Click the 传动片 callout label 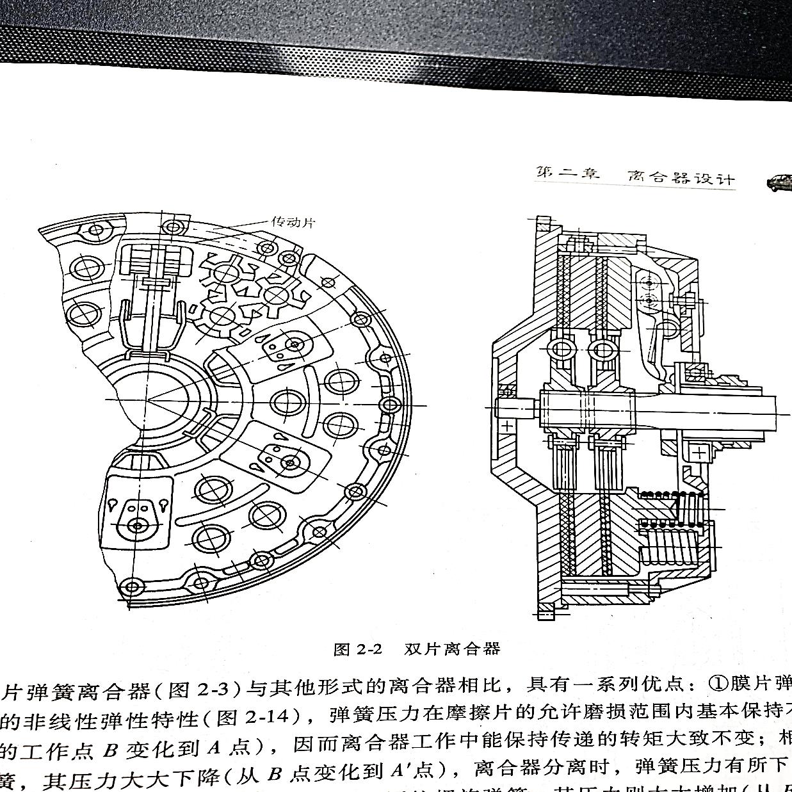pyautogui.click(x=293, y=222)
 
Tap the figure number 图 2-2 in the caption pyautogui.click(x=357, y=649)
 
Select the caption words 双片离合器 pyautogui.click(x=452, y=649)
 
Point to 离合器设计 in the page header pyautogui.click(x=681, y=177)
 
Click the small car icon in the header pyautogui.click(x=779, y=182)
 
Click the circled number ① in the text pyautogui.click(x=718, y=684)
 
